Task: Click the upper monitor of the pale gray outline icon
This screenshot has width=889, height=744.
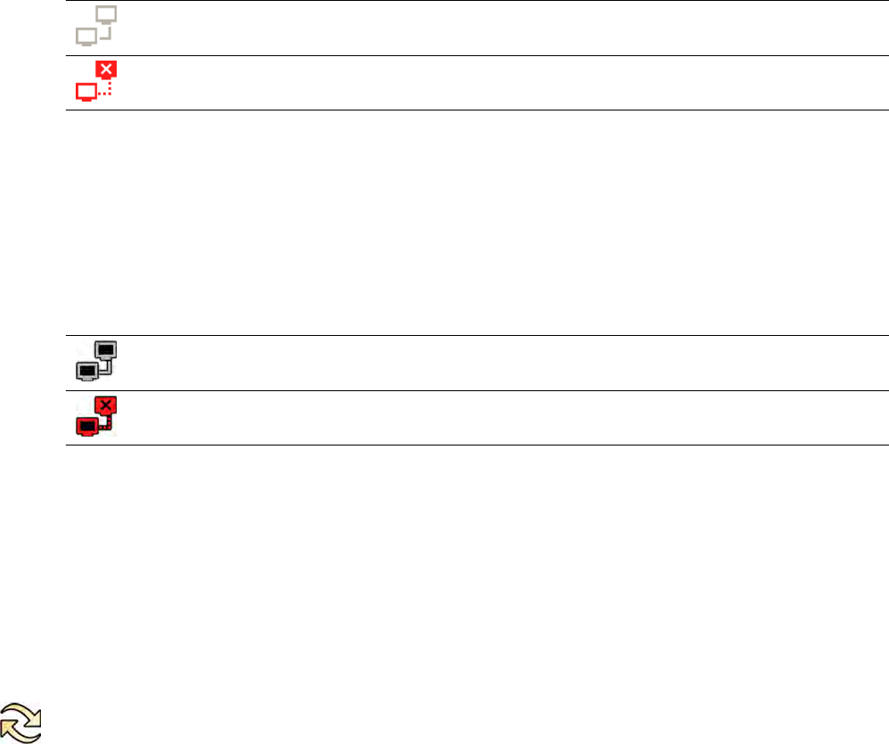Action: click(105, 13)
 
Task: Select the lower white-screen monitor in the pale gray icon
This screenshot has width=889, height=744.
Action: click(86, 35)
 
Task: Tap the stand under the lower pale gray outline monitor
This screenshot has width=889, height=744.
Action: click(86, 44)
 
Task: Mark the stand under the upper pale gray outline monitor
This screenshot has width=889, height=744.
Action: click(105, 22)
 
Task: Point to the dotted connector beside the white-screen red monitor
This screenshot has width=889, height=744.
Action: click(104, 90)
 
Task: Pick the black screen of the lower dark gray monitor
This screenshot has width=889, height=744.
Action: click(87, 369)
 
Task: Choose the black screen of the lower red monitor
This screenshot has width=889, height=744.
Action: click(86, 426)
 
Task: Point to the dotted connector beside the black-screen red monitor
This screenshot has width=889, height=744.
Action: click(106, 426)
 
